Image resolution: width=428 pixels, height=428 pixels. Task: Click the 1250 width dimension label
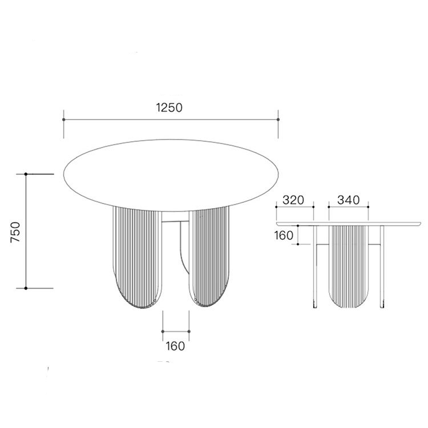click(169, 107)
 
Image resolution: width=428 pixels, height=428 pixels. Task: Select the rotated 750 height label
click(15, 232)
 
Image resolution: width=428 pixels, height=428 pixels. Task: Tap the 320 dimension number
click(293, 200)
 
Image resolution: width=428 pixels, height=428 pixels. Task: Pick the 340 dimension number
click(349, 200)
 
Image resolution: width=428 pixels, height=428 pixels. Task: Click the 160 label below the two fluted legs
click(176, 346)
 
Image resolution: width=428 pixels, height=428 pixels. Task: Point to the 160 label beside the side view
click(284, 236)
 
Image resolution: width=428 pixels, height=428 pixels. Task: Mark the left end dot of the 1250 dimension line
click(63, 120)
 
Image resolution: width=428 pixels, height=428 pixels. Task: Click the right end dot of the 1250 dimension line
click(278, 120)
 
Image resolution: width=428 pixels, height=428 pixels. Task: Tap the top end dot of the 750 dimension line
click(26, 174)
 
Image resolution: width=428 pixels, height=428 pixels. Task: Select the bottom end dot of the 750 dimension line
click(26, 288)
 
